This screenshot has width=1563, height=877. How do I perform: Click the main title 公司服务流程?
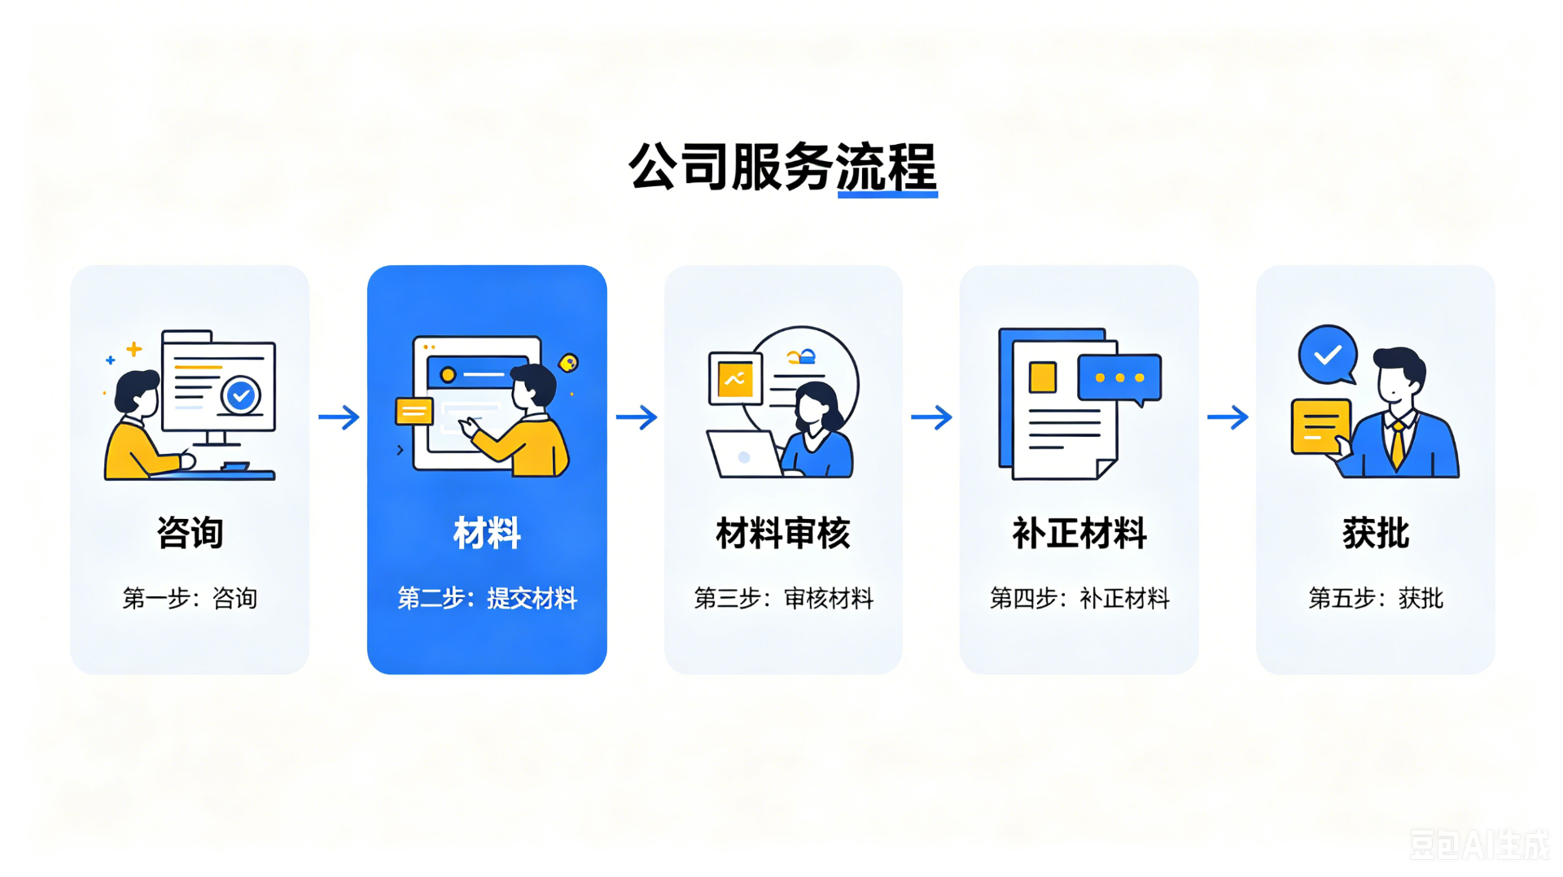tap(783, 167)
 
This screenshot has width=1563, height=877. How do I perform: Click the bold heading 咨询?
tap(190, 534)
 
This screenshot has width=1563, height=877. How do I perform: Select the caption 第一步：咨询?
tap(190, 599)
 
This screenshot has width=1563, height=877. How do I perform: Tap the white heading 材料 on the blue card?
tap(487, 534)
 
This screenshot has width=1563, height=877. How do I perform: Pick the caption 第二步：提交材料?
tap(487, 599)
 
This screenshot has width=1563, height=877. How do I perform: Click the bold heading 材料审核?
tap(783, 534)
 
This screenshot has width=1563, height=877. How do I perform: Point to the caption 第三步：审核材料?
tap(783, 599)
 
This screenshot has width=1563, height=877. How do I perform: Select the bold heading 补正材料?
tap(1079, 534)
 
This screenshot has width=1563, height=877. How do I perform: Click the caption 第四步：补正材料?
tap(1079, 599)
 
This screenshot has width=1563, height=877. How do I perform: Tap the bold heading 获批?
tap(1376, 534)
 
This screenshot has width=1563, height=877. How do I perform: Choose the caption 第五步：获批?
tap(1376, 599)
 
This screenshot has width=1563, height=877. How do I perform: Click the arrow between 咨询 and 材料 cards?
tap(339, 417)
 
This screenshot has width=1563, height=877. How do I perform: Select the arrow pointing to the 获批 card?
tap(1228, 417)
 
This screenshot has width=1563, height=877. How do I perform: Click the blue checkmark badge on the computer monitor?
tap(240, 396)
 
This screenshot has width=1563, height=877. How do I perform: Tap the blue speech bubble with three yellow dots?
tap(1120, 379)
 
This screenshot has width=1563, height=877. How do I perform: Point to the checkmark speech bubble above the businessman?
tap(1328, 355)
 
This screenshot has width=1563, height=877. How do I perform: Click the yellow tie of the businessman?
tap(1398, 444)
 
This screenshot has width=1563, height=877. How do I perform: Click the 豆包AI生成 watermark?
tap(1478, 844)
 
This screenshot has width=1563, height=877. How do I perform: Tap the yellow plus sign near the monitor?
tap(134, 349)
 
